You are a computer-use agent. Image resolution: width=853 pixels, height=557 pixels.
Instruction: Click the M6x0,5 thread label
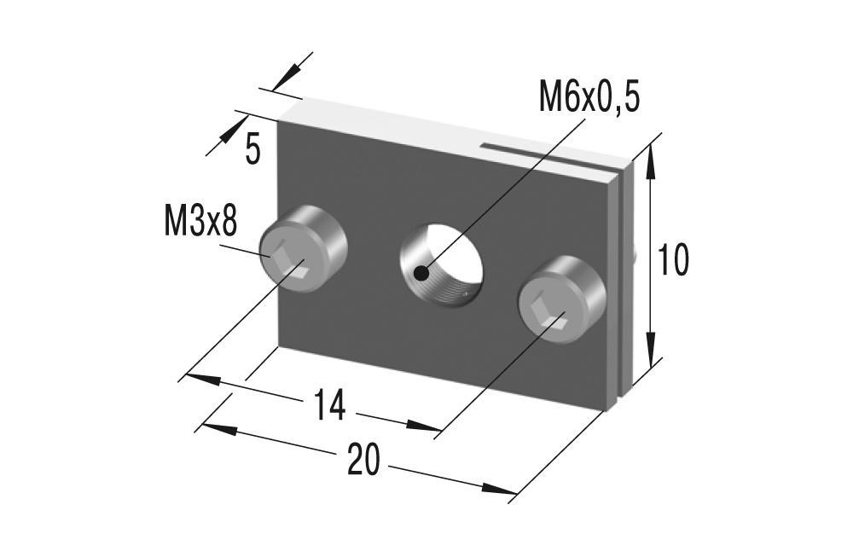[589, 97]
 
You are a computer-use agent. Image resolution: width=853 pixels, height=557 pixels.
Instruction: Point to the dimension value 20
[363, 460]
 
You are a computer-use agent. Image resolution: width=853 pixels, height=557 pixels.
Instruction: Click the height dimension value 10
[672, 260]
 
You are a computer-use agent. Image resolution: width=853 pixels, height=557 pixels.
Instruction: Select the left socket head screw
[302, 251]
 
